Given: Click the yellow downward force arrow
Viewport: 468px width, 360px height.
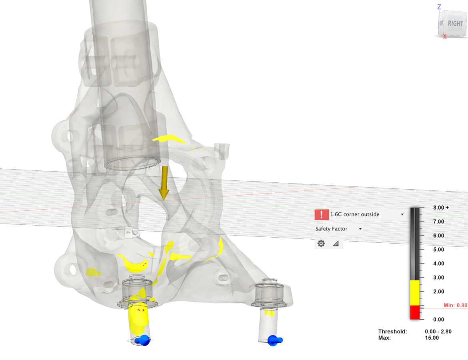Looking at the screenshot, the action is click(164, 183).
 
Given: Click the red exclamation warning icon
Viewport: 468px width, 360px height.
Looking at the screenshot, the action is click(322, 214).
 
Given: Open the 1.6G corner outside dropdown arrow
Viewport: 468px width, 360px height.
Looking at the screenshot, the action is click(402, 214).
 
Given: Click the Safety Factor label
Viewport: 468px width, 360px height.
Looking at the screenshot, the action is click(331, 229).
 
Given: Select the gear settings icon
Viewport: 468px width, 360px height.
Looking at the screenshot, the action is click(321, 244).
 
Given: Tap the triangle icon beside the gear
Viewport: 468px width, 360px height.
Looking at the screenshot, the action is click(336, 244).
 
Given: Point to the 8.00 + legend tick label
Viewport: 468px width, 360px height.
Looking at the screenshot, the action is click(441, 208).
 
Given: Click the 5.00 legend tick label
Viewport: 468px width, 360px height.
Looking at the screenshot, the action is click(438, 250).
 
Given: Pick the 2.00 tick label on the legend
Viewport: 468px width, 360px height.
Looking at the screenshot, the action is click(438, 291).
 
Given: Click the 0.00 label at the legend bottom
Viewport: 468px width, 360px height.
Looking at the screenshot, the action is click(438, 320).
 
